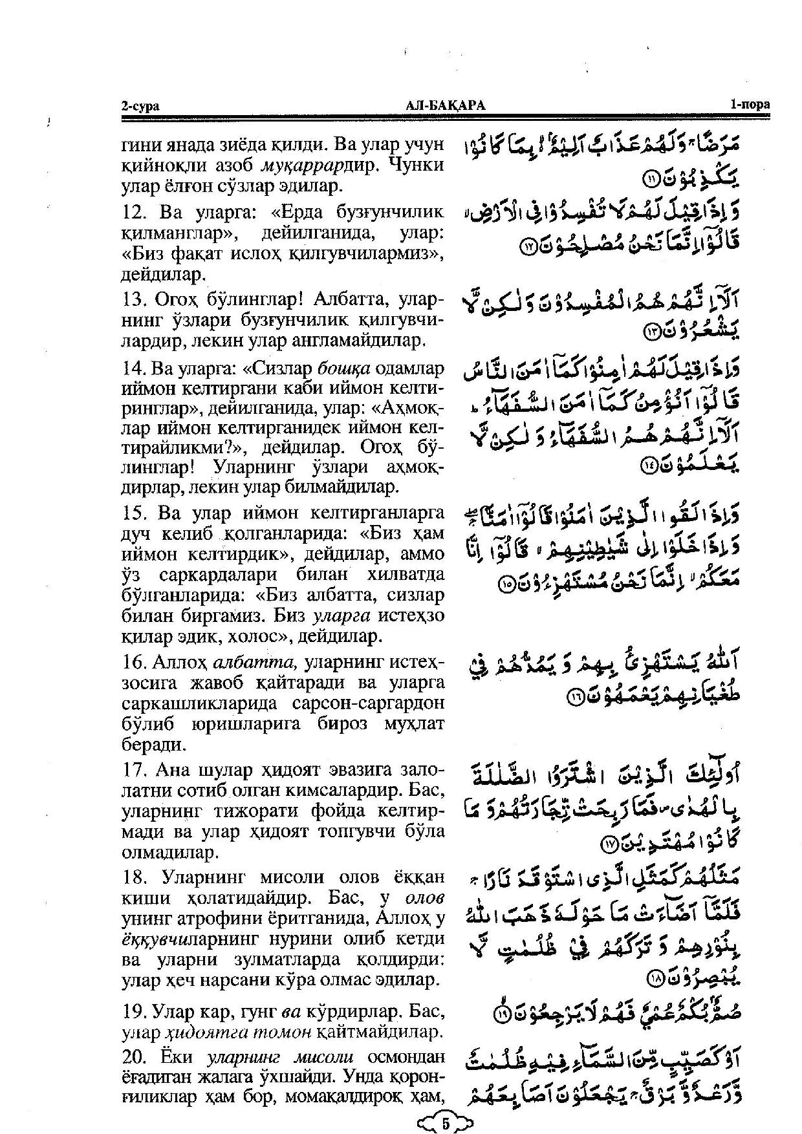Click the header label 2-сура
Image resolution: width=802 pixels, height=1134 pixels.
(140, 106)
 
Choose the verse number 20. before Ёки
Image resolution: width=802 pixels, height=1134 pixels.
(133, 1056)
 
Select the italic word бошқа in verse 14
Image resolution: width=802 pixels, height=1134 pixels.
(343, 369)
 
